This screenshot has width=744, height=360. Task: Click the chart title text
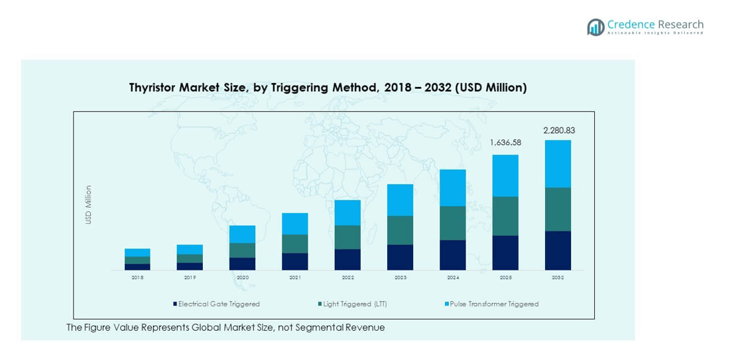[327, 88]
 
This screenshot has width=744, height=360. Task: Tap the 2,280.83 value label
[558, 131]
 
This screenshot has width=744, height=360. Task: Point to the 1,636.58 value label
[505, 143]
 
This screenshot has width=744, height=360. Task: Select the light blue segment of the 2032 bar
[558, 164]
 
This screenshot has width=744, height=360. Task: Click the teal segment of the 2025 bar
[505, 216]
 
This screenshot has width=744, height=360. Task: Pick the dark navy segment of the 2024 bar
[453, 255]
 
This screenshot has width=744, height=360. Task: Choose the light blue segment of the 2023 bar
[400, 200]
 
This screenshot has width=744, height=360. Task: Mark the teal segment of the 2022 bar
[347, 237]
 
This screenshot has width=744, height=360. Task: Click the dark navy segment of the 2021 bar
[295, 261]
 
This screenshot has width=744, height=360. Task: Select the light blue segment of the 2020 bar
[243, 234]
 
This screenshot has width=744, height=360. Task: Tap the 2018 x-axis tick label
[137, 278]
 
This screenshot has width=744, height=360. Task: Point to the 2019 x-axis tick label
[190, 278]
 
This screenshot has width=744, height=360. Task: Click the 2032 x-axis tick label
[558, 278]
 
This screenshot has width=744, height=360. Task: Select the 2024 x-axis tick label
[453, 278]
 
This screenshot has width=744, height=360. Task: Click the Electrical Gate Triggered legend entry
[216, 304]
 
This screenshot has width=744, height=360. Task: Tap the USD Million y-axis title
[88, 204]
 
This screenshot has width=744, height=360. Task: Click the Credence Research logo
[645, 27]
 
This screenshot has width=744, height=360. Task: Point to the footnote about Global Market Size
[225, 328]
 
